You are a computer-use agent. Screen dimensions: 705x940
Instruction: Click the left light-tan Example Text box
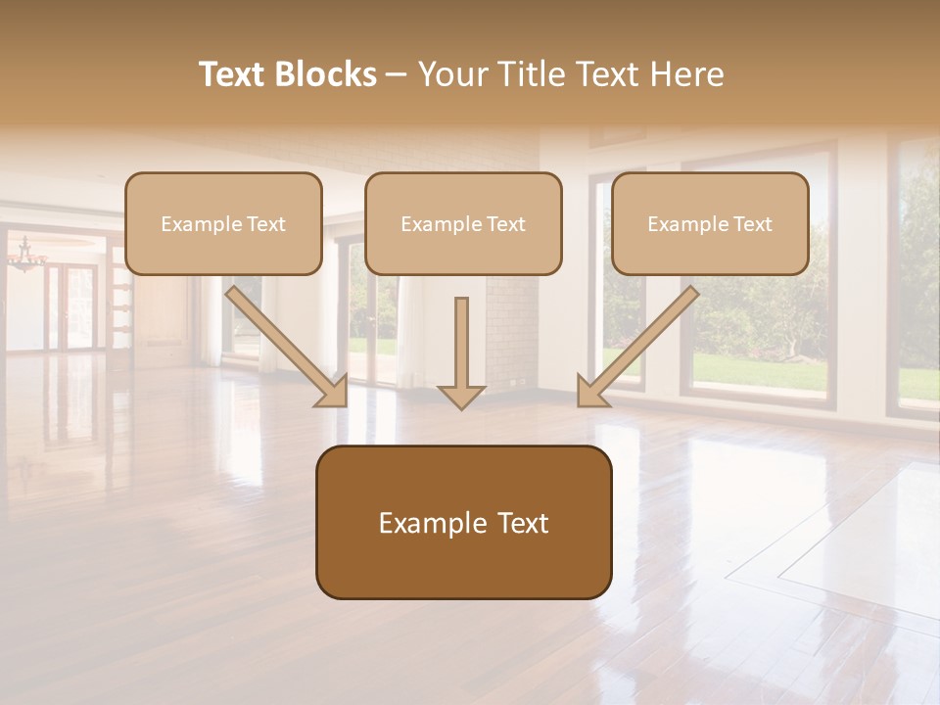(223, 223)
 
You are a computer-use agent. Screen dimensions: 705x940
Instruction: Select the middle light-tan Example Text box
(463, 223)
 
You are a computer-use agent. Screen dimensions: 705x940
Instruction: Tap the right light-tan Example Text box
(710, 223)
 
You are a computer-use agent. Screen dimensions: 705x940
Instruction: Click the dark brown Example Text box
(463, 523)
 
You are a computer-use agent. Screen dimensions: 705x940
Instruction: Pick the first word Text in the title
(232, 74)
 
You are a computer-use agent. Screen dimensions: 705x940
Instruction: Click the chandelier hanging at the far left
(26, 257)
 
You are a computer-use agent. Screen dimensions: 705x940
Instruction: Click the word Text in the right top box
(752, 223)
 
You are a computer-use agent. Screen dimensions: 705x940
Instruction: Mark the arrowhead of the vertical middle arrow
(461, 396)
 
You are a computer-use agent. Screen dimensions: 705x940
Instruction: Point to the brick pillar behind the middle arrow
(509, 333)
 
